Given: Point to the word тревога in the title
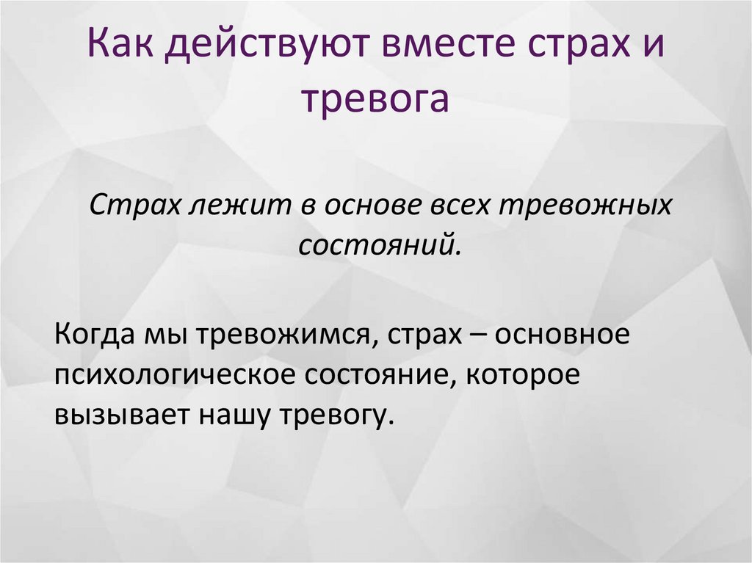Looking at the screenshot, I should pyautogui.click(x=375, y=101).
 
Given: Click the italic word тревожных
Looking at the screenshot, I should pyautogui.click(x=586, y=206).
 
